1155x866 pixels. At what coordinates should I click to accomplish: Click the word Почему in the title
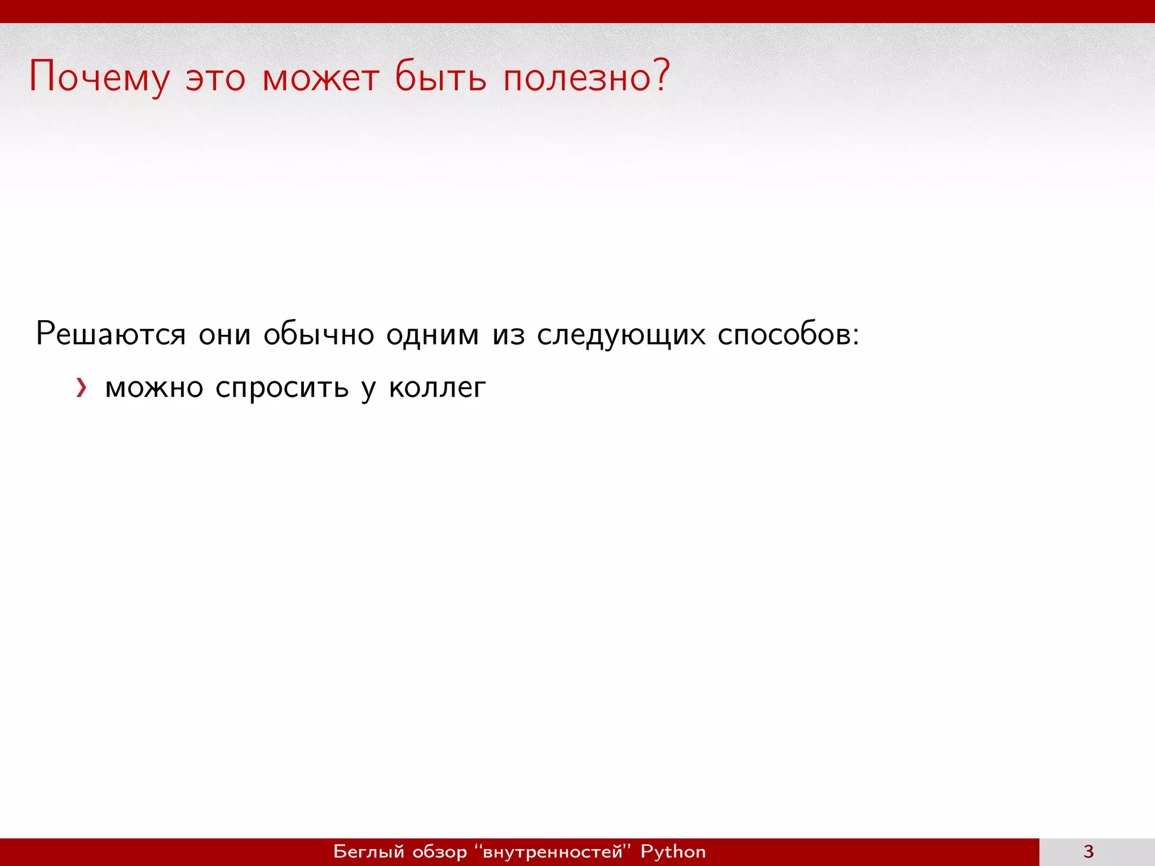[x=99, y=77]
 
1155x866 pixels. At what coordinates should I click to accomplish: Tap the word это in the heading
[x=215, y=79]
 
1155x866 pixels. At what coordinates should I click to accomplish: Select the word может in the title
[x=320, y=79]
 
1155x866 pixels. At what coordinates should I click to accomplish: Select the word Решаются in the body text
[x=111, y=334]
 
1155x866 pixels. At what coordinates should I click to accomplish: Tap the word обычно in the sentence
[x=319, y=335]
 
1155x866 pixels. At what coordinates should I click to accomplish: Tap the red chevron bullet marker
[x=82, y=388]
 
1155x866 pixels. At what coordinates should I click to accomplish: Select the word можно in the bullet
[x=154, y=388]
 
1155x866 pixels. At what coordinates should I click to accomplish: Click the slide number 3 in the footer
[x=1088, y=851]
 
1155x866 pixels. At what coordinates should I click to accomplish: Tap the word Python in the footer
[x=673, y=852]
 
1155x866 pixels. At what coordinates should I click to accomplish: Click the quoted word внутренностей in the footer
[x=553, y=852]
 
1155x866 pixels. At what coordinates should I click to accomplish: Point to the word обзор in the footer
[x=440, y=852]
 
